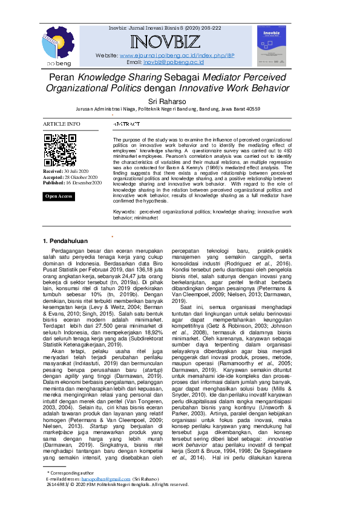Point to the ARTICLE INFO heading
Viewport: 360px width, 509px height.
coord(61,124)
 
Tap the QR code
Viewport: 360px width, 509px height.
coord(59,149)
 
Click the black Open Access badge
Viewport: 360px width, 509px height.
coord(59,196)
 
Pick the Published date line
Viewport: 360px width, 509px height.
coord(72,182)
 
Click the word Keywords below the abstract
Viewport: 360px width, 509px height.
coord(123,213)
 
